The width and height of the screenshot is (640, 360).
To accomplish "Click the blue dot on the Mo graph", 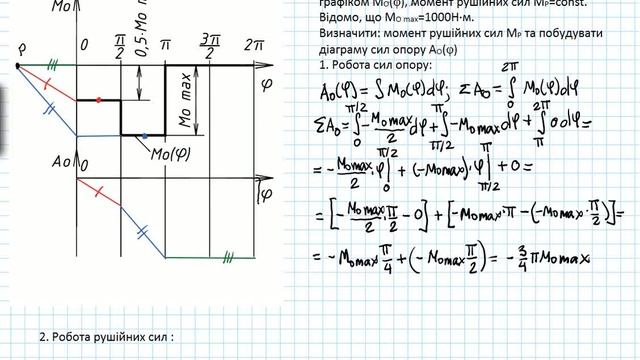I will (145, 134).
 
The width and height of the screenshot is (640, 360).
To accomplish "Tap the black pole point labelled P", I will (17, 67).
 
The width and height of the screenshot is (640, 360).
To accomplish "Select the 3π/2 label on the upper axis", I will (209, 44).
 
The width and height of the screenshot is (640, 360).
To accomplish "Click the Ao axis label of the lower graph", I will (63, 163).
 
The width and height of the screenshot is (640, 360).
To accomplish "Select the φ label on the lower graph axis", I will (265, 191).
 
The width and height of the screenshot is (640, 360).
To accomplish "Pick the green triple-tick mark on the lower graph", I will (229, 257).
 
